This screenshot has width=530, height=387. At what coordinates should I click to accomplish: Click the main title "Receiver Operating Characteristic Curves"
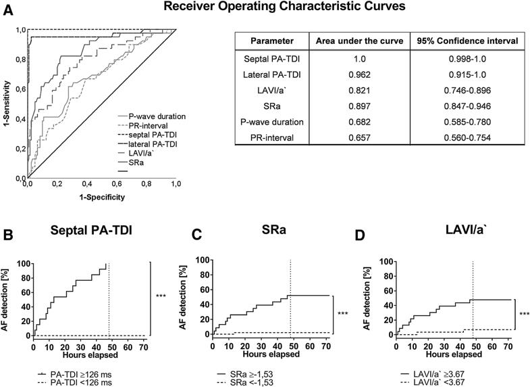coord(284,7)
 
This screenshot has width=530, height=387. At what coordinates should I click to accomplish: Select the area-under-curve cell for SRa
coord(359,106)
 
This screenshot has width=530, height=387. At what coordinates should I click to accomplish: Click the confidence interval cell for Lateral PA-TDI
coord(467,74)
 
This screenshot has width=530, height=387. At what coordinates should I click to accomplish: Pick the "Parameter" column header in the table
coord(272,41)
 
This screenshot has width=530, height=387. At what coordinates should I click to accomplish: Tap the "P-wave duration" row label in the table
coord(272,122)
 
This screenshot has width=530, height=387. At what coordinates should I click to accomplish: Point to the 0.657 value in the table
coord(359,137)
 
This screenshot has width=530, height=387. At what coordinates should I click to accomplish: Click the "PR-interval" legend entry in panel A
coord(143,126)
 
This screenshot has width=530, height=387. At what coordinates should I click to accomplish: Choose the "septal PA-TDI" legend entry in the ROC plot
coord(147,135)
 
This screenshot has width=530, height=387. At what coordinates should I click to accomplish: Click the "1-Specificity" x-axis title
coord(102,197)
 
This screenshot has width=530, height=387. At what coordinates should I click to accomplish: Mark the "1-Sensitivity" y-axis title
coord(7,104)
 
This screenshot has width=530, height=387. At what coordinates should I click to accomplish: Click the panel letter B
coord(8,235)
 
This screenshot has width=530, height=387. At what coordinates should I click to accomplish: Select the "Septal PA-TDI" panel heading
coord(91,230)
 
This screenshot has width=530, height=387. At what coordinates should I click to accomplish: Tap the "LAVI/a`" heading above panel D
coord(466,229)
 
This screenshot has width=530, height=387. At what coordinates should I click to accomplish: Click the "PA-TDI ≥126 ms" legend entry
coord(74,374)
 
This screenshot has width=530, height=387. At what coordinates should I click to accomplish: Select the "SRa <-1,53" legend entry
coord(244,382)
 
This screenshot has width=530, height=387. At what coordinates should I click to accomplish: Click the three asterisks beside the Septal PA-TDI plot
coord(161,296)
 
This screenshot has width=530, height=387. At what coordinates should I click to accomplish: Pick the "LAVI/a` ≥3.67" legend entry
coord(433,374)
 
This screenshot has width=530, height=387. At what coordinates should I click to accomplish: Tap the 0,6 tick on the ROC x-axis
coord(117,184)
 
